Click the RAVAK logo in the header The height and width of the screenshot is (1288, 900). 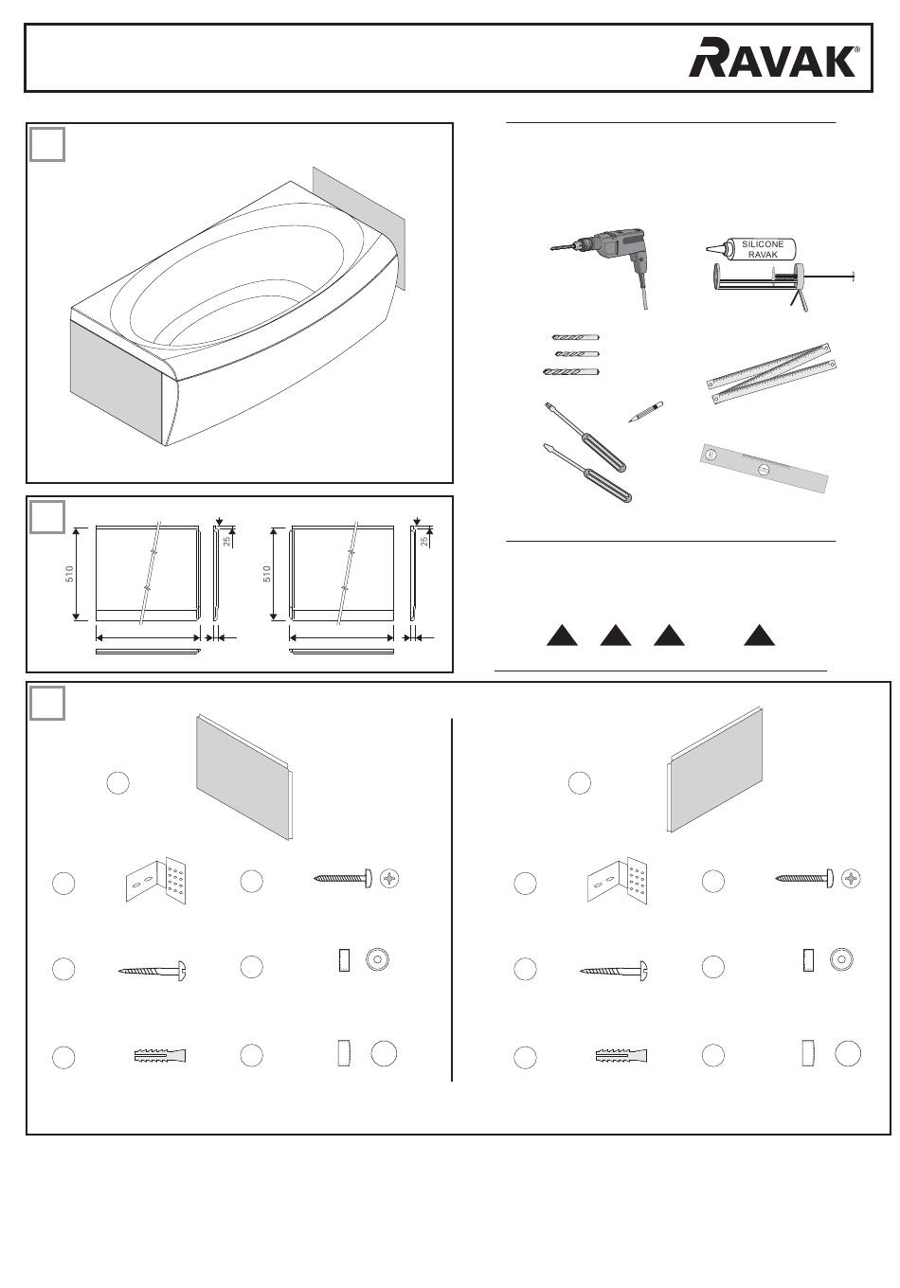click(x=774, y=57)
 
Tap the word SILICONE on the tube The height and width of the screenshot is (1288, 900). click(x=762, y=243)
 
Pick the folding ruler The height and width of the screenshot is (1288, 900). click(x=771, y=372)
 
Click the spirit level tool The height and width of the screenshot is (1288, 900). click(x=764, y=468)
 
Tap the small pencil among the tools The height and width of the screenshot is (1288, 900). click(x=645, y=412)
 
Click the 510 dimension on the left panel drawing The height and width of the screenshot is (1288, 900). click(x=69, y=573)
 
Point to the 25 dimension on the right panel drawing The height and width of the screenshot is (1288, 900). click(x=424, y=541)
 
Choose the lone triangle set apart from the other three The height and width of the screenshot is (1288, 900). click(x=759, y=635)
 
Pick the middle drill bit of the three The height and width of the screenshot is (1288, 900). click(x=577, y=353)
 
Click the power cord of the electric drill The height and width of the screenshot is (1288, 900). click(x=641, y=288)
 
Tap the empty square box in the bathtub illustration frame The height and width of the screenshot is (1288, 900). click(x=47, y=144)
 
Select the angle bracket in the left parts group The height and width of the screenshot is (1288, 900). click(x=156, y=880)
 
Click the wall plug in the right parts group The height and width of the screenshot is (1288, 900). click(x=621, y=1056)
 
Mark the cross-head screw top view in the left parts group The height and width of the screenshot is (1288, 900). click(x=390, y=878)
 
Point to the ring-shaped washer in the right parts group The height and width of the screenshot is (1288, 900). click(x=840, y=959)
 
